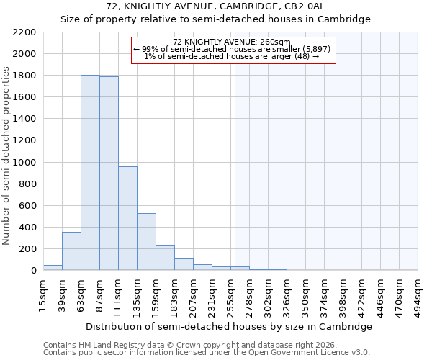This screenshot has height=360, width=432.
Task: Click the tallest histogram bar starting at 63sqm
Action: coord(90,173)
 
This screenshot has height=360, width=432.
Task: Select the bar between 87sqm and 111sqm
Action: coord(109,174)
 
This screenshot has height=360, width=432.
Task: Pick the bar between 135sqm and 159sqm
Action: coord(146,242)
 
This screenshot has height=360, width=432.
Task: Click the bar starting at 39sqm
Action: coord(71,251)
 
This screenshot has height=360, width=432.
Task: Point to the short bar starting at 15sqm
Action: coord(53,267)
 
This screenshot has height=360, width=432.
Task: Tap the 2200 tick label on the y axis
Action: coord(24,32)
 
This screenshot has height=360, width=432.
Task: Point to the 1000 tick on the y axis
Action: coord(24,163)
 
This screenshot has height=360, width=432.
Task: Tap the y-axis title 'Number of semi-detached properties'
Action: coord(6,155)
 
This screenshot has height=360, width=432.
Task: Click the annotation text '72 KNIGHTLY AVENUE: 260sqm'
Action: coord(232,42)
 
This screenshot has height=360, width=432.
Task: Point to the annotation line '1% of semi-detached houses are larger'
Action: coord(232,56)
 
